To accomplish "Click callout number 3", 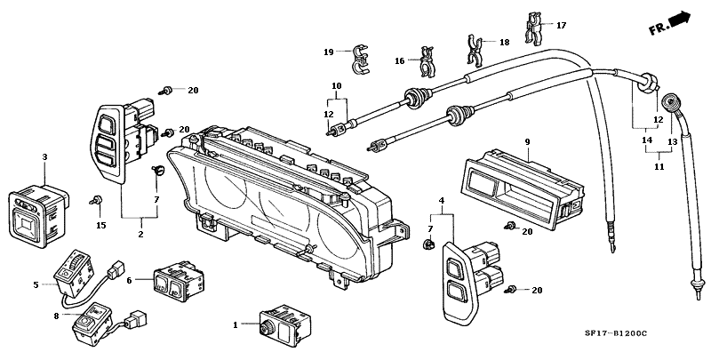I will pyautogui.click(x=44, y=157).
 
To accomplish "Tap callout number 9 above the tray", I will pyautogui.click(x=527, y=142).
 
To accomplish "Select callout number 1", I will pyautogui.click(x=236, y=325).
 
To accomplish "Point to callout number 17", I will pyautogui.click(x=561, y=26).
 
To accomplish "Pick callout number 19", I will pyautogui.click(x=328, y=52).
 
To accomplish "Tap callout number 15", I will pyautogui.click(x=100, y=225).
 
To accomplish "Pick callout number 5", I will pyautogui.click(x=36, y=284).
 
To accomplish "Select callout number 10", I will pyautogui.click(x=337, y=85).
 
